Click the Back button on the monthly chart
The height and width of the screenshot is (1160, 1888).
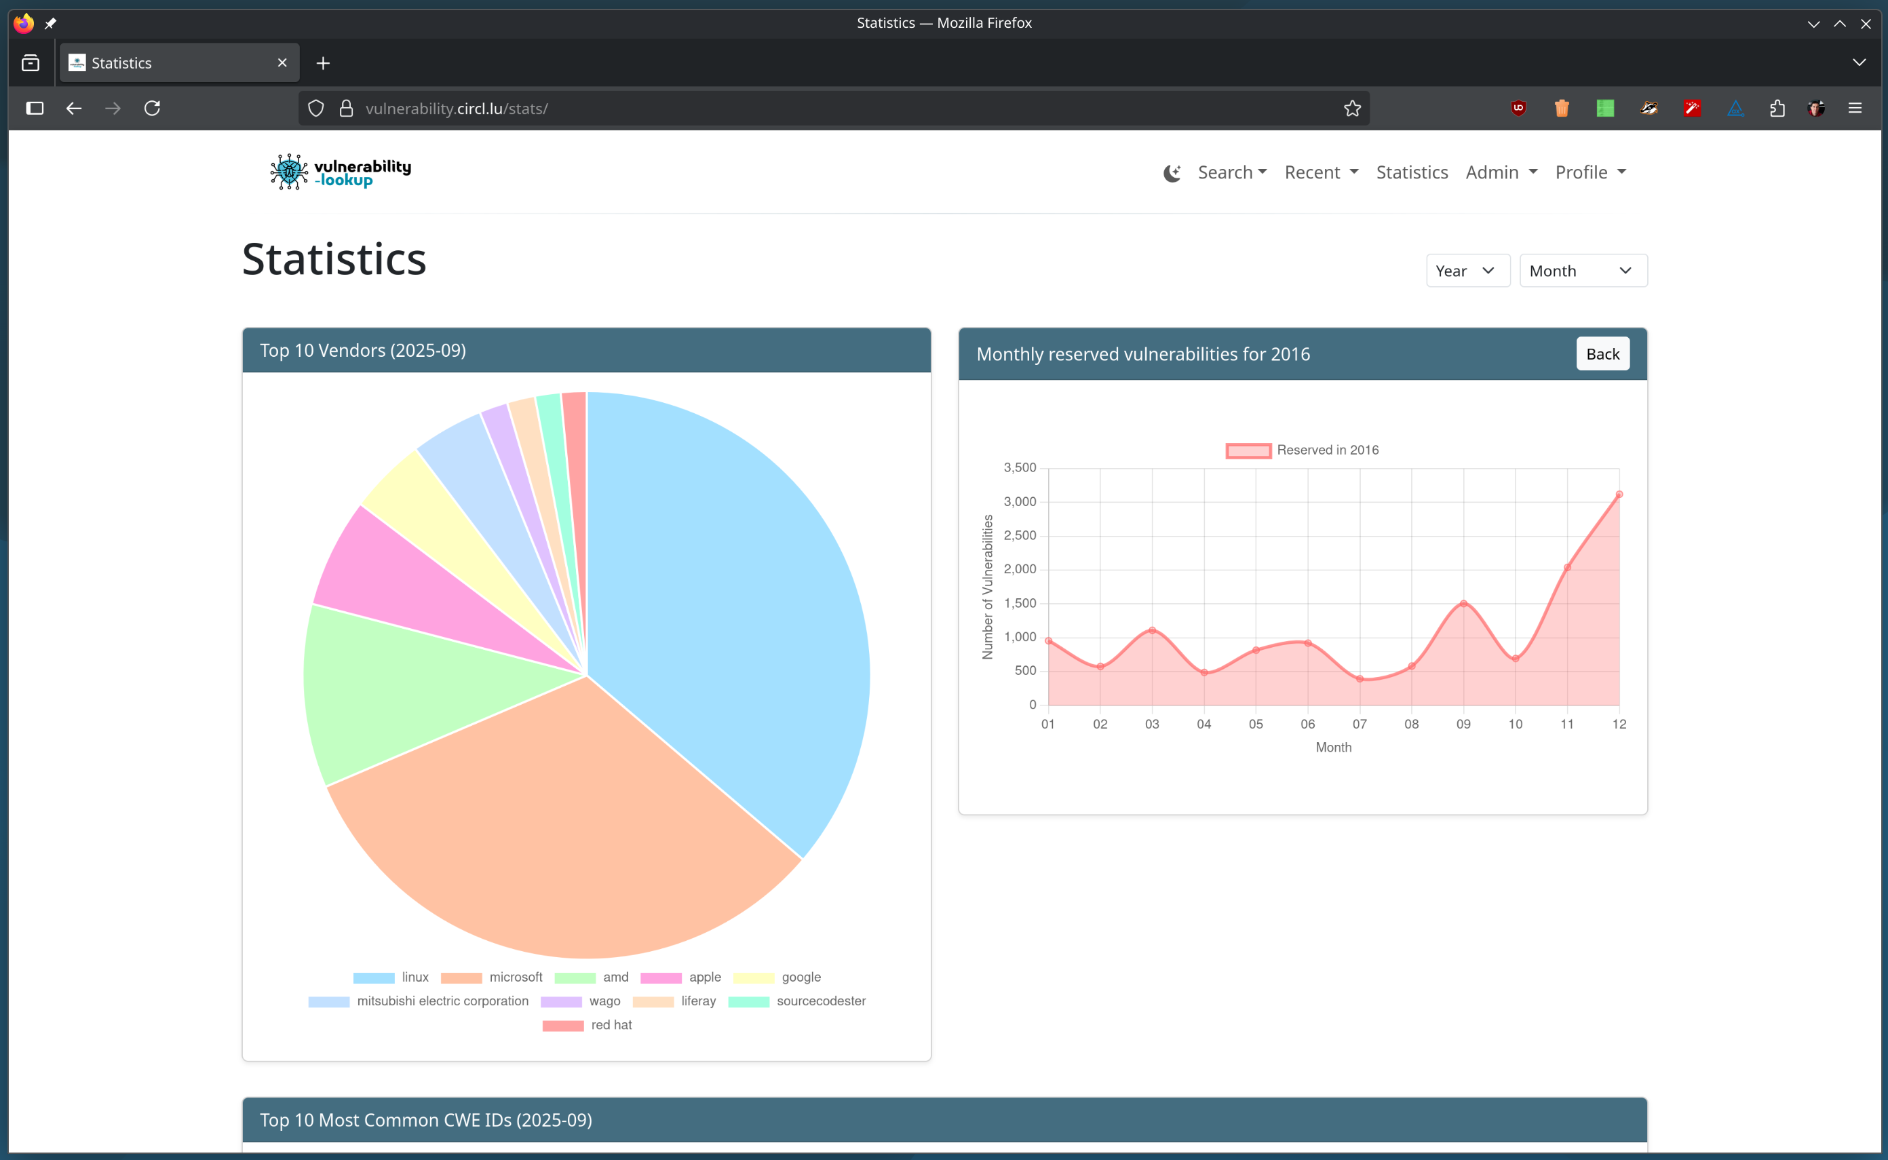click(x=1602, y=353)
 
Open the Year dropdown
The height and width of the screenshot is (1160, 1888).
click(x=1467, y=271)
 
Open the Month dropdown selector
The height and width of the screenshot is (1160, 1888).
click(x=1582, y=271)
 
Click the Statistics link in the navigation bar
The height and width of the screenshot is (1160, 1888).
click(x=1412, y=172)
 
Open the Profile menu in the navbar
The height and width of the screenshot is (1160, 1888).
click(x=1590, y=172)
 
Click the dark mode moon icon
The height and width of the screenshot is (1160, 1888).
click(x=1172, y=174)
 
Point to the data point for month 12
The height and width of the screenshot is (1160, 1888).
click(x=1619, y=495)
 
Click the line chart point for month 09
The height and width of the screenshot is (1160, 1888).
click(x=1463, y=604)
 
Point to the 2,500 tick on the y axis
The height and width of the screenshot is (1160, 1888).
click(x=1020, y=535)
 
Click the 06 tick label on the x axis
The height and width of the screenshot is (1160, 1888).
click(x=1307, y=724)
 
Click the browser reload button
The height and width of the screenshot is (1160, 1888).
click(x=152, y=108)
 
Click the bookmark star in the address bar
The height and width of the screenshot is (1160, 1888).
click(x=1352, y=108)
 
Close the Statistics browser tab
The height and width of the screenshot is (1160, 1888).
click(x=282, y=63)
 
